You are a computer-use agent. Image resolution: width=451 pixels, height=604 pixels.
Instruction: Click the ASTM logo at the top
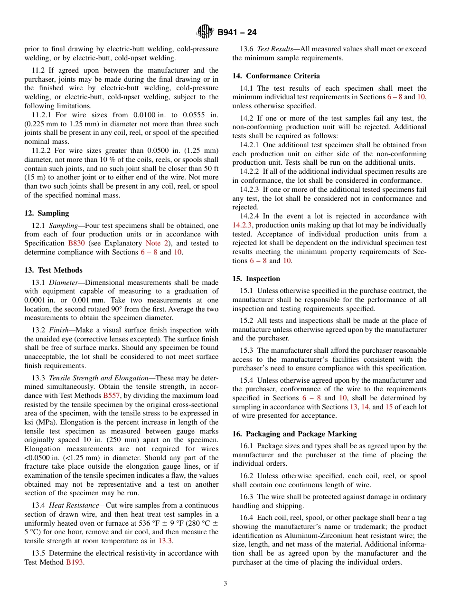(205, 32)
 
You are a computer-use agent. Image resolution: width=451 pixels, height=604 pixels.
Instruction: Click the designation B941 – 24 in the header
(237, 33)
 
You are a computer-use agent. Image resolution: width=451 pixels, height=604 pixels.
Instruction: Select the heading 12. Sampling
(47, 213)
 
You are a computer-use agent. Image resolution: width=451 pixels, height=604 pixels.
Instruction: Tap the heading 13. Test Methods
(53, 270)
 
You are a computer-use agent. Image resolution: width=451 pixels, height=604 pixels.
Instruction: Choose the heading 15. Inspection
(256, 279)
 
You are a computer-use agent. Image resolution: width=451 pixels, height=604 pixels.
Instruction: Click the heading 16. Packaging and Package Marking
(294, 434)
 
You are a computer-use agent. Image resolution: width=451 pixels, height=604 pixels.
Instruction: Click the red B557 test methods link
(112, 396)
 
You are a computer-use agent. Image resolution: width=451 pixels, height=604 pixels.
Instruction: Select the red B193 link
(75, 562)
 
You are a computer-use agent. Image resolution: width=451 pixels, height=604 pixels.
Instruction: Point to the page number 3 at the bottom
(225, 584)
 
